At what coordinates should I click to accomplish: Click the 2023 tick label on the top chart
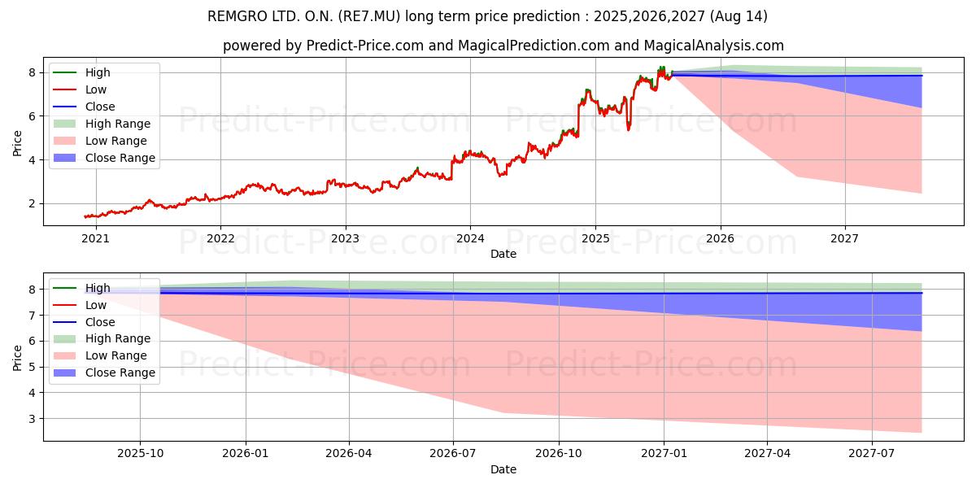[345, 238]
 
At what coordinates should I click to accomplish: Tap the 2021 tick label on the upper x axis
[95, 238]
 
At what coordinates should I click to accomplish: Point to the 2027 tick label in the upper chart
[845, 238]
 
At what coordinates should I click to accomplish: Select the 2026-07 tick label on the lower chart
[453, 454]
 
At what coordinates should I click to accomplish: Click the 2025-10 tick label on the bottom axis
[140, 454]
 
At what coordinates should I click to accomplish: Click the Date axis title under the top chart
[503, 254]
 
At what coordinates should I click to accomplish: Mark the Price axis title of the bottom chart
[17, 356]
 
